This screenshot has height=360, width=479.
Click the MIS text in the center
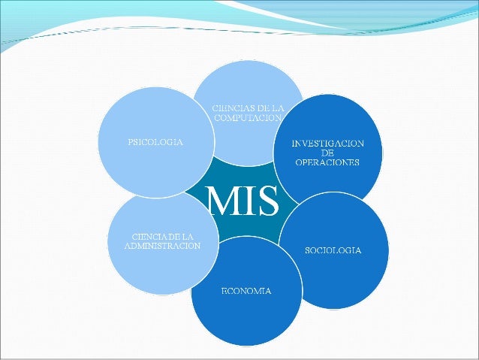[243, 200]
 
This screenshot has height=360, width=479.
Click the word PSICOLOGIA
[148, 141]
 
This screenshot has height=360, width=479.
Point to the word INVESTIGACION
[327, 143]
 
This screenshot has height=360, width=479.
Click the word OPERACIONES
[327, 162]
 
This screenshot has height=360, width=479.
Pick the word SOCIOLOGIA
[333, 250]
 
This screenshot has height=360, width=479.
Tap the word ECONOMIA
[246, 290]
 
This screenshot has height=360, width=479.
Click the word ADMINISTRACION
[161, 247]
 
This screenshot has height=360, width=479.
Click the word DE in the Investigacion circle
[327, 153]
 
